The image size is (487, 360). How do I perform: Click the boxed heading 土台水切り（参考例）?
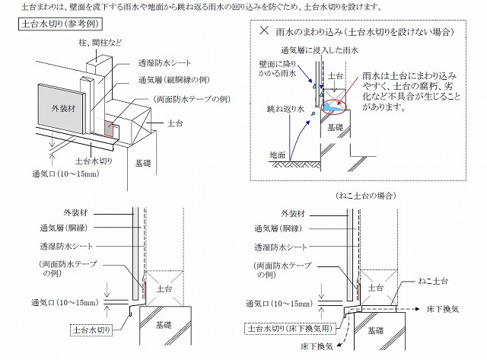60,24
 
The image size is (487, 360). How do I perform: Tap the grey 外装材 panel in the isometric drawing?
62,109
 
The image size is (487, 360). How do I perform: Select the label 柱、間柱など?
100,43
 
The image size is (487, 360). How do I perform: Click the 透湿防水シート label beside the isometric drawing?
164,63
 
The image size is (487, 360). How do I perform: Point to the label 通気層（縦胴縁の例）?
174,80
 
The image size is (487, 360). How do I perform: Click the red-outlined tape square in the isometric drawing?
109,129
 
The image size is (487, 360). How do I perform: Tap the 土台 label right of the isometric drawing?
175,123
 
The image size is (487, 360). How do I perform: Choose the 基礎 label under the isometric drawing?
143,163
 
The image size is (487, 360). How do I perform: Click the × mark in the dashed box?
264,30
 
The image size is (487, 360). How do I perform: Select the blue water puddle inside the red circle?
334,107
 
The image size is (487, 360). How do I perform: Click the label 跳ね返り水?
285,110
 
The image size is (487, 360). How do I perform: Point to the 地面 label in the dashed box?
277,155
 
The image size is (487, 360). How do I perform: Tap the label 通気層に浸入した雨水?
320,50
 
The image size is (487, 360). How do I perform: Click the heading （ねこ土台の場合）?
365,196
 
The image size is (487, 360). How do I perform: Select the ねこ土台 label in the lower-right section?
433,281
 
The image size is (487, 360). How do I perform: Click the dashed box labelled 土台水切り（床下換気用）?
292,328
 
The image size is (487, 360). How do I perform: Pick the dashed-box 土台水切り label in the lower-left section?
91,330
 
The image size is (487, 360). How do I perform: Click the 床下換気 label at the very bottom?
317,346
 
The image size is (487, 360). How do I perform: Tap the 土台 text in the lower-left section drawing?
164,289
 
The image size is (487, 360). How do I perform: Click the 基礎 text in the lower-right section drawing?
375,330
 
